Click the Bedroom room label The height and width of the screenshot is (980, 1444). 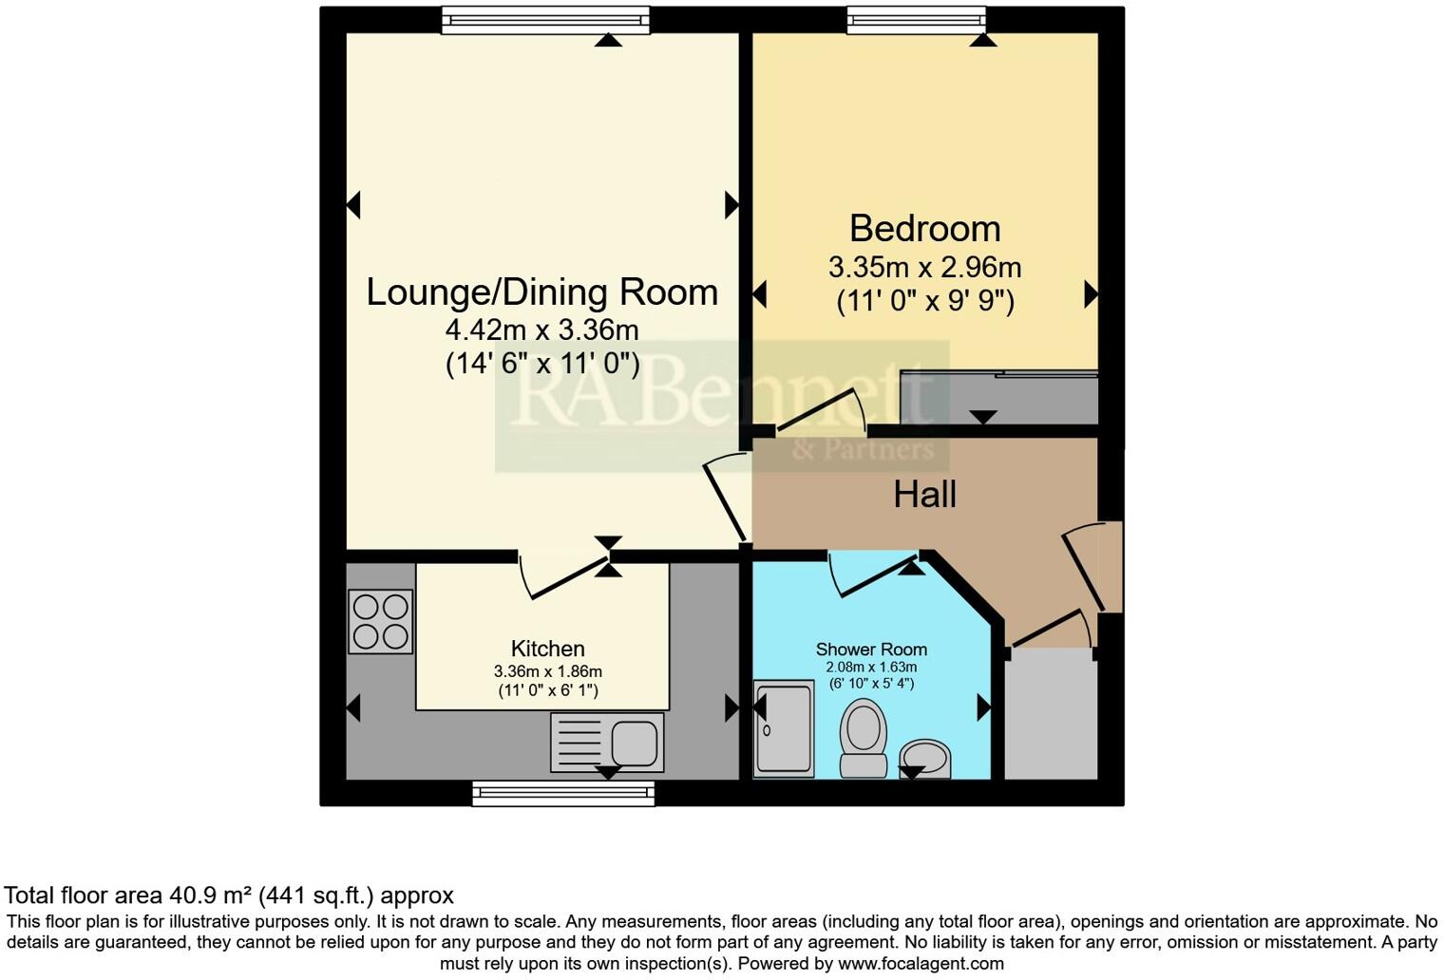coord(924,229)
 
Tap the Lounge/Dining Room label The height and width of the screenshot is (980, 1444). coord(541,292)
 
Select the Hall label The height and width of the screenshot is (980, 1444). coord(924,494)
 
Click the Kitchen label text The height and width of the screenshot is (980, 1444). coord(547,649)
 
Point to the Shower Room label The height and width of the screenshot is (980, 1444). coord(871,650)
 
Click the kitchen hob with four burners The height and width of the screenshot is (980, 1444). coord(380,621)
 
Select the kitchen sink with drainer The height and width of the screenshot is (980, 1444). coord(607,742)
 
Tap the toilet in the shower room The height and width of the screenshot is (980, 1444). coord(864,739)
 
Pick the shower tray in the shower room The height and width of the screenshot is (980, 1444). coord(783,727)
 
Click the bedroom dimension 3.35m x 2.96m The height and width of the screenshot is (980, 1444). coord(924,267)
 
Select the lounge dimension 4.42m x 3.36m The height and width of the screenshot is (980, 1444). coord(541,330)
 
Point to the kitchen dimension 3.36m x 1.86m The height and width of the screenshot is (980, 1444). coord(547,671)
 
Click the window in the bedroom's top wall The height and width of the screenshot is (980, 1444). coord(916,19)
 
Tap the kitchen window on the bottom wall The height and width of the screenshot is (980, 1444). coord(563,793)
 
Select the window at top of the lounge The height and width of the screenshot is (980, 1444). coord(545,19)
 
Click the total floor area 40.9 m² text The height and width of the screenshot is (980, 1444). coord(229,895)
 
